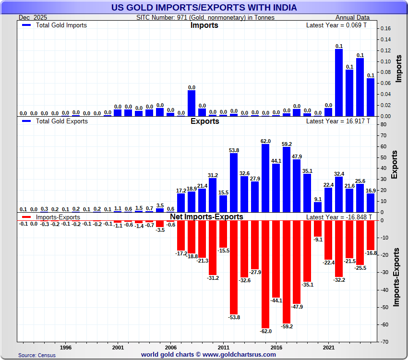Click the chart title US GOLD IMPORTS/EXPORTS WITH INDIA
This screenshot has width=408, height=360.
click(x=204, y=7)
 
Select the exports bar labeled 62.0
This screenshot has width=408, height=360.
click(x=265, y=178)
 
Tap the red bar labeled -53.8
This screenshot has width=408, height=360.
click(x=234, y=267)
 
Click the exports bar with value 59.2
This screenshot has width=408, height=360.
click(x=287, y=180)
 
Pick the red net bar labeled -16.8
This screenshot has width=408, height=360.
click(x=371, y=235)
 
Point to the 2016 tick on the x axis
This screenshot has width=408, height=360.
click(x=276, y=346)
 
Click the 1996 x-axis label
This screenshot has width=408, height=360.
click(x=66, y=346)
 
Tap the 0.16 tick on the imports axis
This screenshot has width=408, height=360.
click(x=385, y=29)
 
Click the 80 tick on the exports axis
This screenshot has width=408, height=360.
click(x=383, y=124)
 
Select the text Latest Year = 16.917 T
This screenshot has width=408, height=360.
click(x=338, y=121)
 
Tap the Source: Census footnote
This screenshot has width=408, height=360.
click(x=37, y=355)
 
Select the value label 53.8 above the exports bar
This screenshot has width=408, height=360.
click(x=234, y=150)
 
